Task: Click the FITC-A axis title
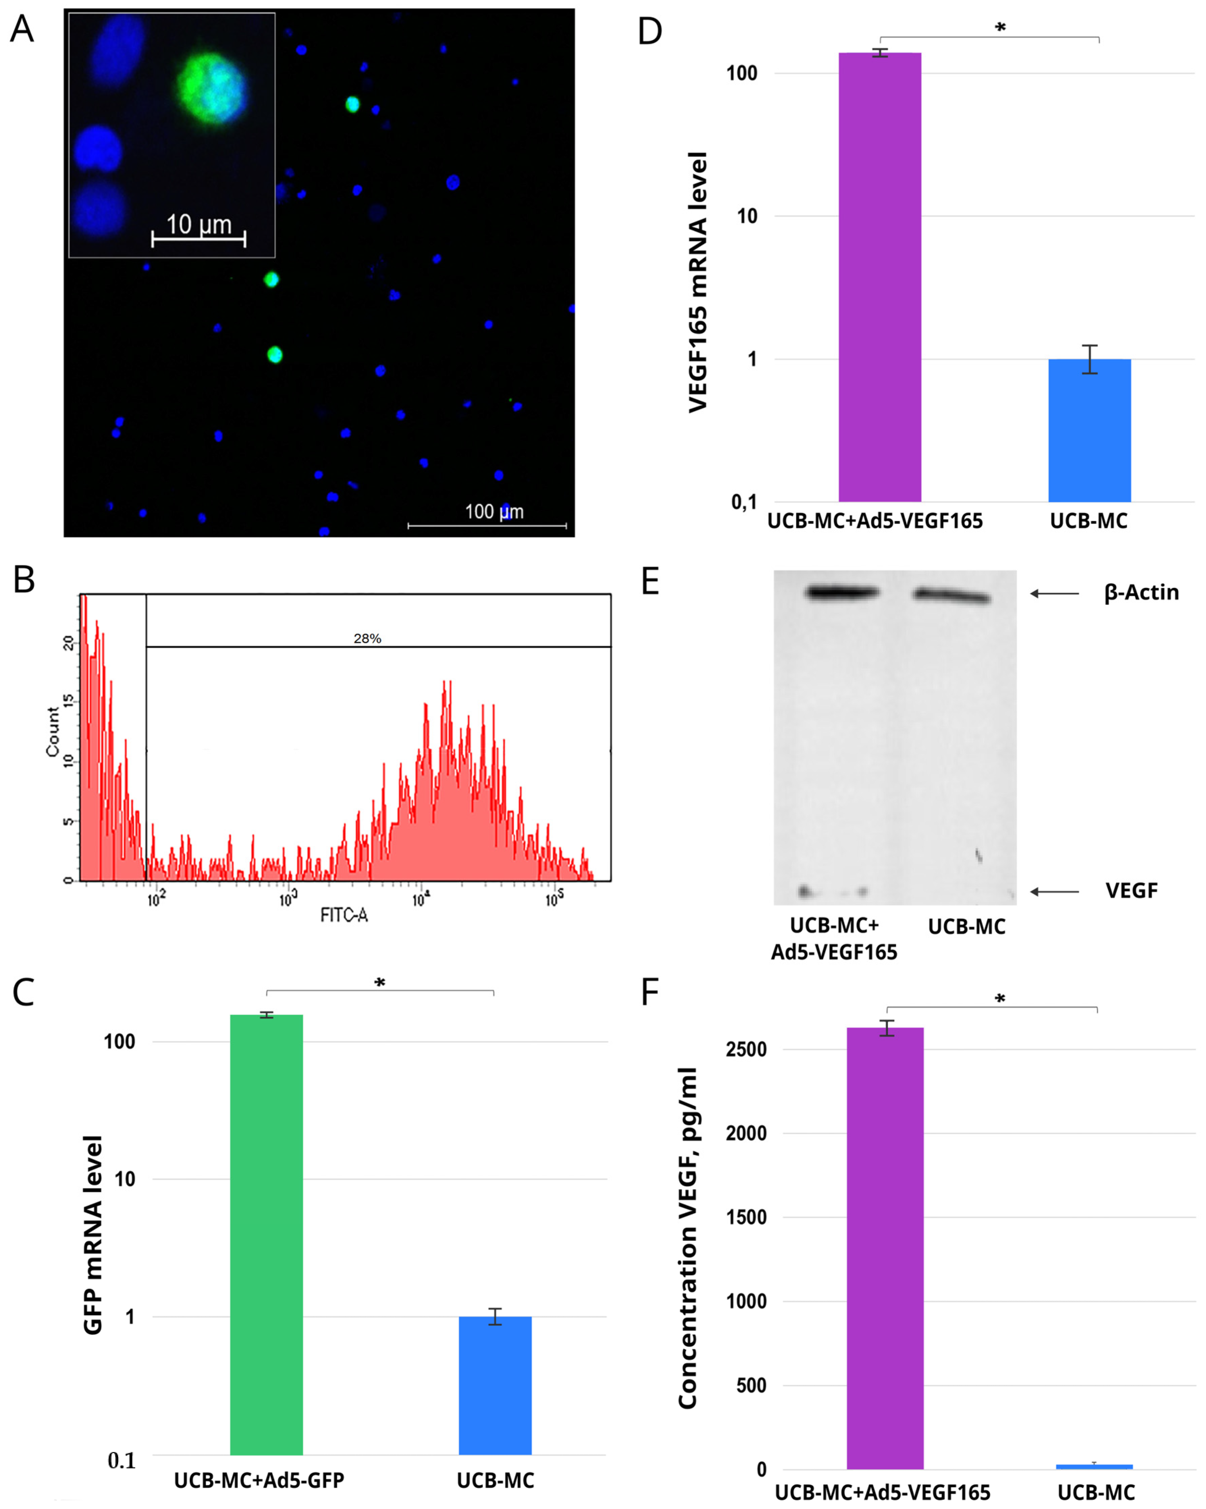pos(344,915)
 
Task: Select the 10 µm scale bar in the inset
pos(199,239)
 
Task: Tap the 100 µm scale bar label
pos(494,512)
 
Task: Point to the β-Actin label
pos(1141,593)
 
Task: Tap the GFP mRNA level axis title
pos(93,1235)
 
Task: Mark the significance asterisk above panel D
pos(1000,28)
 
